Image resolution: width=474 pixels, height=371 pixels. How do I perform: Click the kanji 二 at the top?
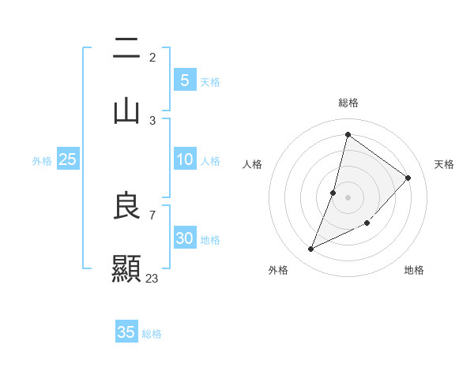click(126, 49)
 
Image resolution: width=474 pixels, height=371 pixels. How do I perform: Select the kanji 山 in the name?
click(126, 111)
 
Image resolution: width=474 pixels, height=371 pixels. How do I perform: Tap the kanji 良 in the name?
click(126, 207)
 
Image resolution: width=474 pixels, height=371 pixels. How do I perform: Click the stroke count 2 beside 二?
click(152, 57)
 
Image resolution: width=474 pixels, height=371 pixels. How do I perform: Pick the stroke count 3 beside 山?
click(152, 120)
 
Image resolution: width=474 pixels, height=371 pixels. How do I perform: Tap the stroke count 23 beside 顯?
click(152, 278)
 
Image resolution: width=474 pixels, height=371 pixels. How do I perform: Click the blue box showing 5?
click(184, 80)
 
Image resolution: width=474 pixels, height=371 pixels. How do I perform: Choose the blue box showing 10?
click(184, 159)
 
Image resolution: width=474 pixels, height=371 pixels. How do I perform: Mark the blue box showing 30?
click(184, 238)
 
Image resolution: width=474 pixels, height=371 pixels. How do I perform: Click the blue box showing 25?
click(68, 159)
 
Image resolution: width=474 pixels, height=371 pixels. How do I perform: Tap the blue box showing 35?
click(126, 332)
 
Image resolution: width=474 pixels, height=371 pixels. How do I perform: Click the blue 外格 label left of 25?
click(42, 161)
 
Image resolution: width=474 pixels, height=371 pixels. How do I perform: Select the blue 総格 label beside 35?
click(152, 334)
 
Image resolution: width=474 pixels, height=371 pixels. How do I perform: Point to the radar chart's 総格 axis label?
click(348, 103)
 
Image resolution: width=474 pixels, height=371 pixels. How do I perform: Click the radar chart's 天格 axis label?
click(444, 164)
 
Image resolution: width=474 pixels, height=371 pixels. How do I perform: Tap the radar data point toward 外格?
click(311, 249)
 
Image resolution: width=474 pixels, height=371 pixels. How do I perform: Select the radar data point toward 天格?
click(408, 178)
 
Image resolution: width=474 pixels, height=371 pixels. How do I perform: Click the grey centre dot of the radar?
click(348, 197)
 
